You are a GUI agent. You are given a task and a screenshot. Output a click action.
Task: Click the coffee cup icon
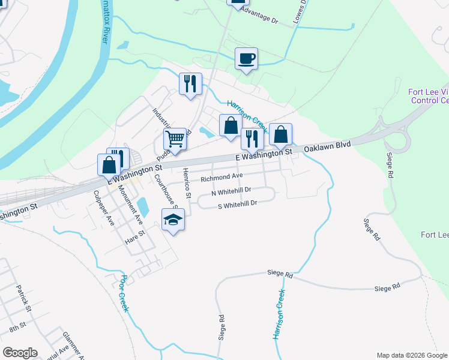(246, 59)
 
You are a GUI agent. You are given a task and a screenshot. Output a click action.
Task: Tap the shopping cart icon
(175, 139)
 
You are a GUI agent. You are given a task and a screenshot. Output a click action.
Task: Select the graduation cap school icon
(173, 220)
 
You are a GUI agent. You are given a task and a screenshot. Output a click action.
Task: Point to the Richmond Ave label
(221, 178)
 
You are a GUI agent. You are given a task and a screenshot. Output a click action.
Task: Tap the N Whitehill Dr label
(231, 191)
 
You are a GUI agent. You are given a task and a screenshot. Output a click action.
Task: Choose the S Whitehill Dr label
(237, 204)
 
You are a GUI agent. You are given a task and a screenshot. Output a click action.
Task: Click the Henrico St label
(187, 184)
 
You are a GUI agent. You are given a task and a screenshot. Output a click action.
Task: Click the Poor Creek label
(124, 293)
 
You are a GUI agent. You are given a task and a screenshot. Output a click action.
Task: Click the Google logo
(20, 353)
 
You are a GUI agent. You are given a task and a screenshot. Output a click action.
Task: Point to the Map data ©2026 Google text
(411, 355)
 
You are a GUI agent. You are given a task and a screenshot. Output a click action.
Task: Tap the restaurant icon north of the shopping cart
(190, 83)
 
